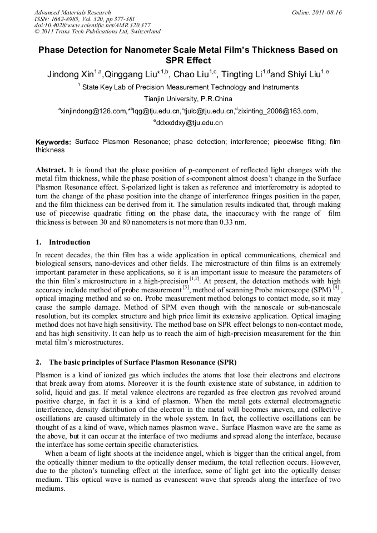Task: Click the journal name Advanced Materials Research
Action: tap(72, 12)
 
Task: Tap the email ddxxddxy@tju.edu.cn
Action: tap(189, 123)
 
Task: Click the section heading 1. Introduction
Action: tap(62, 242)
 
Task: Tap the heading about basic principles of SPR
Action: tap(128, 362)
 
